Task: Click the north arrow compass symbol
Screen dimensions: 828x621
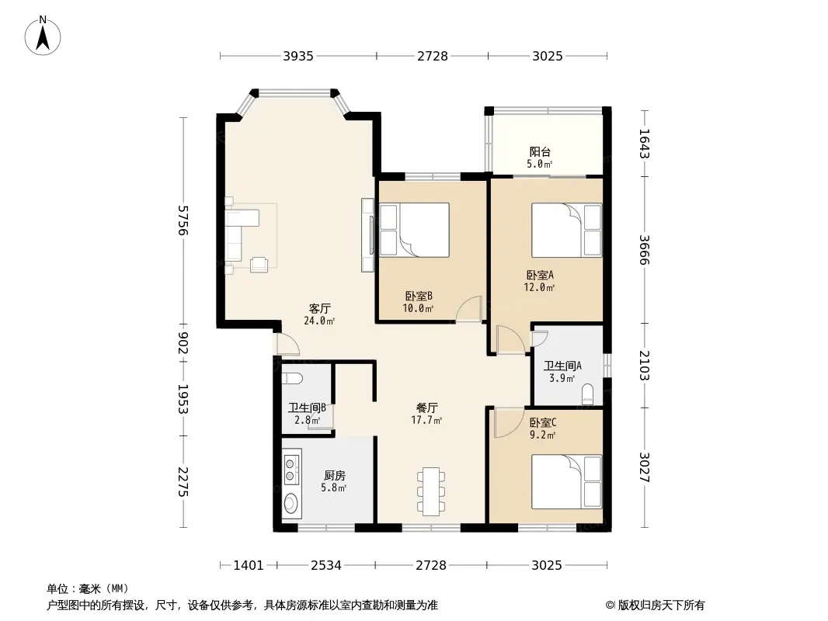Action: (x=43, y=36)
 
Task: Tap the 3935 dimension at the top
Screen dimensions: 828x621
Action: (x=298, y=56)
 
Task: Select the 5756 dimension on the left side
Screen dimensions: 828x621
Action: (x=183, y=220)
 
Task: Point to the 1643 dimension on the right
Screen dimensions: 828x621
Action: (x=644, y=144)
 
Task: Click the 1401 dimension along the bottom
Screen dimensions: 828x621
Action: (x=249, y=565)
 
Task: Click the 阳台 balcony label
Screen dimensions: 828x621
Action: (x=540, y=152)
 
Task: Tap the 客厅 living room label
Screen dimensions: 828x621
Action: (x=319, y=308)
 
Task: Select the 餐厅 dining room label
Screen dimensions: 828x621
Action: (x=426, y=408)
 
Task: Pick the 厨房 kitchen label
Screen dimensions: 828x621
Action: (x=334, y=475)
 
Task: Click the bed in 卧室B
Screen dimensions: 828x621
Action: (x=414, y=230)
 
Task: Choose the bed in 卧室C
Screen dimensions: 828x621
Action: (x=566, y=482)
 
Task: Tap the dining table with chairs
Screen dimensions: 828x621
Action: (x=431, y=491)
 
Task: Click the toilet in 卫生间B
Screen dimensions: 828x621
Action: (x=292, y=378)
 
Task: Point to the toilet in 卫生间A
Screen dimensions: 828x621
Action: (x=587, y=394)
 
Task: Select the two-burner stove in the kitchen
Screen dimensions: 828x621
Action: (x=290, y=470)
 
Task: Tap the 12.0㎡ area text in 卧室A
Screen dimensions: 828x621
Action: (x=539, y=287)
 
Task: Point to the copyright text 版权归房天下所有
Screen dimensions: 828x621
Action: (x=661, y=605)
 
